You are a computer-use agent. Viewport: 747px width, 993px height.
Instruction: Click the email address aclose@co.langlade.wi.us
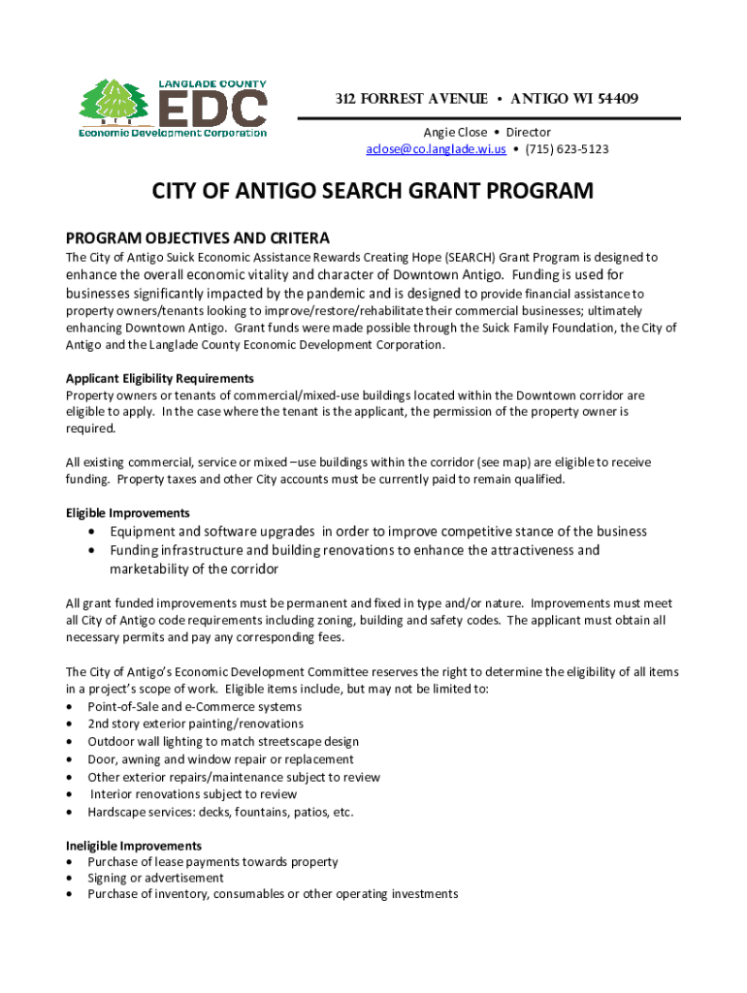436,149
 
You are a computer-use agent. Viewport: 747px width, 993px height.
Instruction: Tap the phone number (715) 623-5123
568,149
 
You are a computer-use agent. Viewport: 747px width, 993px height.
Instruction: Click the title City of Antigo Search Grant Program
373,191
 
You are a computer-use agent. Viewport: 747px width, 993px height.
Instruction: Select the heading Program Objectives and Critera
197,238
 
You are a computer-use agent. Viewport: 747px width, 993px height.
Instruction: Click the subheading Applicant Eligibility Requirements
159,378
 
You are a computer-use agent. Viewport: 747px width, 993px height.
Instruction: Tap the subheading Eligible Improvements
127,512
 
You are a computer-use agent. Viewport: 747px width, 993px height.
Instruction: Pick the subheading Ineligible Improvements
133,846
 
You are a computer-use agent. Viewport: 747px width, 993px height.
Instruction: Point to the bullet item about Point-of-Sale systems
194,707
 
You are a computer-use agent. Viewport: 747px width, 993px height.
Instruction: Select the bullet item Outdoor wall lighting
222,742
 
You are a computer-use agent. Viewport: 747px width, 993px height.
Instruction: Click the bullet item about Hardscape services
220,812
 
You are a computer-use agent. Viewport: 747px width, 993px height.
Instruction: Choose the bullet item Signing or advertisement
155,878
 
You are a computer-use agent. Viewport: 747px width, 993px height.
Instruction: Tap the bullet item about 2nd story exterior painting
195,724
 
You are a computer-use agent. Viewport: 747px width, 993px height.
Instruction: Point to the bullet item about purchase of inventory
273,894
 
